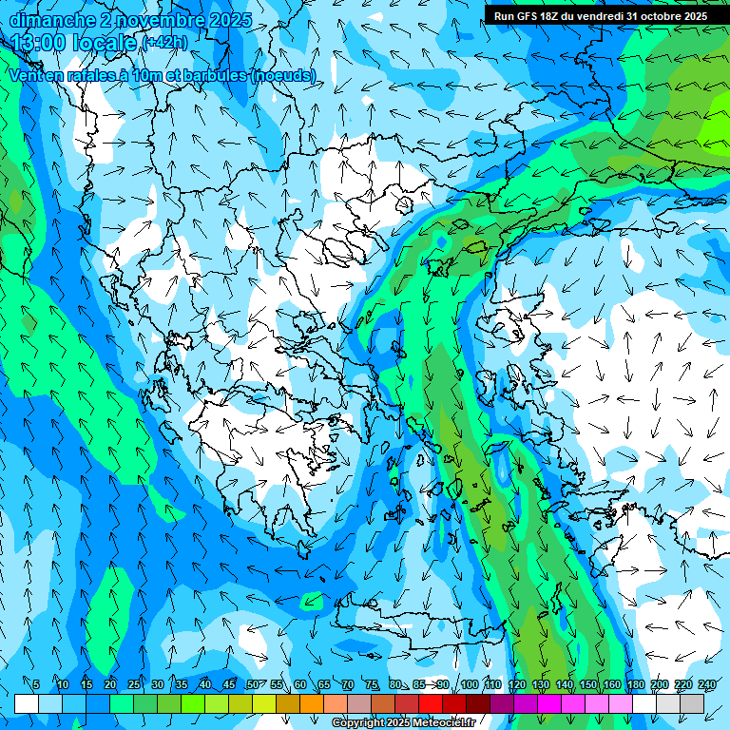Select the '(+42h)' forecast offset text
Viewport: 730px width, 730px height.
pyautogui.click(x=165, y=43)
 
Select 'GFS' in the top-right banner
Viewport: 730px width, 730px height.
pyautogui.click(x=521, y=16)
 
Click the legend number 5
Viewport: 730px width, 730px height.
pyautogui.click(x=36, y=685)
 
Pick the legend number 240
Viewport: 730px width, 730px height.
pyautogui.click(x=707, y=685)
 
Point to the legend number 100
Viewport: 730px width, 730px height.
pyautogui.click(x=469, y=685)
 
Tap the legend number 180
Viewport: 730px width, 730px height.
pyautogui.click(x=633, y=685)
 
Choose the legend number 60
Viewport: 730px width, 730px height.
pyautogui.click(x=300, y=685)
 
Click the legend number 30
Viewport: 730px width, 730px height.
pyautogui.click(x=157, y=685)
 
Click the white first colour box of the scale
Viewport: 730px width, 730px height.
pyautogui.click(x=27, y=703)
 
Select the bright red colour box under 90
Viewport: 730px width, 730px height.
pyautogui.click(x=431, y=703)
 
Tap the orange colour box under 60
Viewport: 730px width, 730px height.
pyautogui.click(x=288, y=703)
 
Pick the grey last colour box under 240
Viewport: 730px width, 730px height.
pyautogui.click(x=692, y=703)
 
